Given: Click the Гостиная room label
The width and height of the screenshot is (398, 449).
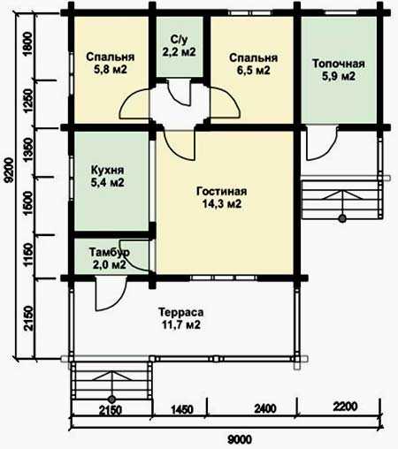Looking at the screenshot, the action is (221, 191).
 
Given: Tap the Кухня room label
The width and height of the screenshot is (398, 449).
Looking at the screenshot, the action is (107, 170).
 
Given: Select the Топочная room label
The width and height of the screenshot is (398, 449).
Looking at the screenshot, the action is (339, 64).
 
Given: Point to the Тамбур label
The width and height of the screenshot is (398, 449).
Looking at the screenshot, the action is (110, 252).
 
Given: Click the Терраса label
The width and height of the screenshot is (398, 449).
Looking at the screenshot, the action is (181, 312).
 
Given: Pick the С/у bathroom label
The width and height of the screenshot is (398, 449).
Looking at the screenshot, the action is (179, 39).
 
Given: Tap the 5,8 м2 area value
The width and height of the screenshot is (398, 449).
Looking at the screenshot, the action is (111, 70).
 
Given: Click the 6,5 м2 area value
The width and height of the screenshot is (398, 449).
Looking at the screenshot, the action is (254, 71).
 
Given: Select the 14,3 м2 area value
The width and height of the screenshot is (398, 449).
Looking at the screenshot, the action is (222, 203).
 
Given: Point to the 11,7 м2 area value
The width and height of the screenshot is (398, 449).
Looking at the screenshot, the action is (181, 324).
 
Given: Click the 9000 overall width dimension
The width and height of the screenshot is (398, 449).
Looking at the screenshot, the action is (240, 440).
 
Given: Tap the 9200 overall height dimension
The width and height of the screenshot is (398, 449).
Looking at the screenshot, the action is (9, 171).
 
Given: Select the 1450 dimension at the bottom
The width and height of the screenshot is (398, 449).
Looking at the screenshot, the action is (182, 409).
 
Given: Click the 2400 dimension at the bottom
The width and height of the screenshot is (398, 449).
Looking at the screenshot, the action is (265, 408).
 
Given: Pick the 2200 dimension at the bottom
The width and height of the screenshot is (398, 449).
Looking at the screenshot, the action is (345, 407).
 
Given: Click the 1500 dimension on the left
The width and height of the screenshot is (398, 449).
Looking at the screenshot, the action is (28, 203).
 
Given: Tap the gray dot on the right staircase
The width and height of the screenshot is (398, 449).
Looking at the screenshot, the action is (342, 218).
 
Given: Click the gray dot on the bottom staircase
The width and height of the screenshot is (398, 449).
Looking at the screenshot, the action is (111, 400).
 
